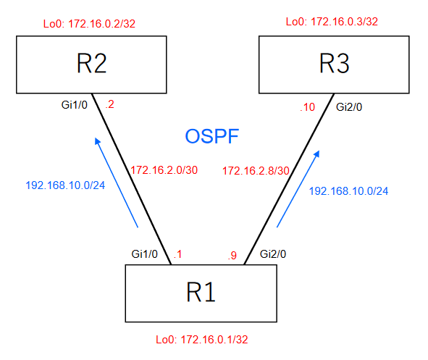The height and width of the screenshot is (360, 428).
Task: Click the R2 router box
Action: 91,65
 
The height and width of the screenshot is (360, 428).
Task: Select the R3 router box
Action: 335,65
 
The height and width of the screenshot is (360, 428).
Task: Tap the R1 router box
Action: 201,293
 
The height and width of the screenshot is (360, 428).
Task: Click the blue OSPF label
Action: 211,136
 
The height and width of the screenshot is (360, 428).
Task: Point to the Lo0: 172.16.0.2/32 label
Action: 90,24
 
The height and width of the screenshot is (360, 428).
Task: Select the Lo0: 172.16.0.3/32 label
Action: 332,22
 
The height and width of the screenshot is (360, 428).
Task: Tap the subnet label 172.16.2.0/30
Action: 164,170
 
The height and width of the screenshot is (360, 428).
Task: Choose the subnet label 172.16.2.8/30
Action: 256,171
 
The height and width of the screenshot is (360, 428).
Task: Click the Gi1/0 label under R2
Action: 75,106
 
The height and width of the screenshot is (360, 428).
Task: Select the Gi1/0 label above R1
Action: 145,254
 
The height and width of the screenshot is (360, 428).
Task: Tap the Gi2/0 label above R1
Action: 274,254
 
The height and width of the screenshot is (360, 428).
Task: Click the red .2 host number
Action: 109,105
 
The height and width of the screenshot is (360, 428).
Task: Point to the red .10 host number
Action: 308,107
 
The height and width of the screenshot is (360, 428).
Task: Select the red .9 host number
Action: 232,255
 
